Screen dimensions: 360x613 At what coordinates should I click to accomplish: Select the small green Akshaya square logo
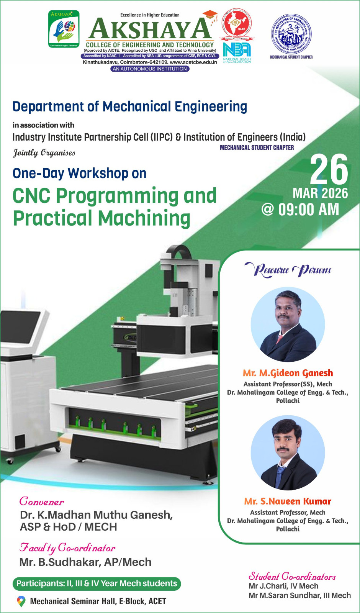64,29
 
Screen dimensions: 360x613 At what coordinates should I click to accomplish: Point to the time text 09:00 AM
309,210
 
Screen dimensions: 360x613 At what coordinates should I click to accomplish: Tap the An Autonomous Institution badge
150,69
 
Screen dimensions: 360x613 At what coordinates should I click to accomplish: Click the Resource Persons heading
288,270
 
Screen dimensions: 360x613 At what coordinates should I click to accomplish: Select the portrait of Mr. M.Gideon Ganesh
288,324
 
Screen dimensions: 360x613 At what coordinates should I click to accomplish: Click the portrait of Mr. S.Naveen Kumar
288,453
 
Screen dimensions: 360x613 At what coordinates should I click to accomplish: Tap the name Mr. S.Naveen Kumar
288,502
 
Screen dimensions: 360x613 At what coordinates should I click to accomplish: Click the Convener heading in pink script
41,502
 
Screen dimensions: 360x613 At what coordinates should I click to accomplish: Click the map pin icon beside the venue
21,601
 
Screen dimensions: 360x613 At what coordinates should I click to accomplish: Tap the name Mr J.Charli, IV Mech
283,586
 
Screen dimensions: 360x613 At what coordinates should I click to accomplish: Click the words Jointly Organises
44,153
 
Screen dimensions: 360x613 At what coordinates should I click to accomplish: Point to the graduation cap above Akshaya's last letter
210,15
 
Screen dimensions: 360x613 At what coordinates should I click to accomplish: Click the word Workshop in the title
98,173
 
